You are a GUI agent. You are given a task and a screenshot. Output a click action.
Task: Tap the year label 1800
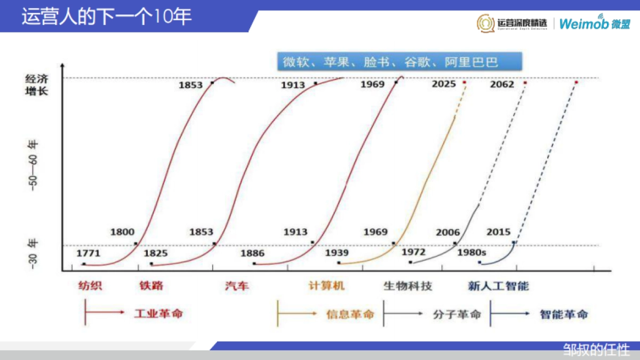click(x=122, y=232)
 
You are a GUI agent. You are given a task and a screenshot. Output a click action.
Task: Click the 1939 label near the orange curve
click(x=337, y=252)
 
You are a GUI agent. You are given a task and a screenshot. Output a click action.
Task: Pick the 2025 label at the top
click(x=444, y=84)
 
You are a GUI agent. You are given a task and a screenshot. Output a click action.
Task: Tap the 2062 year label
click(x=502, y=84)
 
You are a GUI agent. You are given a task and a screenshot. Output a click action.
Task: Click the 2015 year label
click(x=498, y=232)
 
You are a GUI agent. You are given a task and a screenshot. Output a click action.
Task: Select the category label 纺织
click(x=90, y=286)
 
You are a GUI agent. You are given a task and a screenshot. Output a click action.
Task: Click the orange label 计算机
click(x=326, y=286)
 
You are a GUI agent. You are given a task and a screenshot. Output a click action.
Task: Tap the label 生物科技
click(x=407, y=286)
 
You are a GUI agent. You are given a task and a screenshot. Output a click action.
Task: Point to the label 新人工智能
click(x=498, y=286)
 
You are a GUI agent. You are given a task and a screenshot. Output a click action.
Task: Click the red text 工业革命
click(x=158, y=313)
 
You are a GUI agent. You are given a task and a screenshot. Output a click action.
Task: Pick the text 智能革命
click(x=564, y=314)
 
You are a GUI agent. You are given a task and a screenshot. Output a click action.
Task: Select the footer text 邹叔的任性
click(x=596, y=350)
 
